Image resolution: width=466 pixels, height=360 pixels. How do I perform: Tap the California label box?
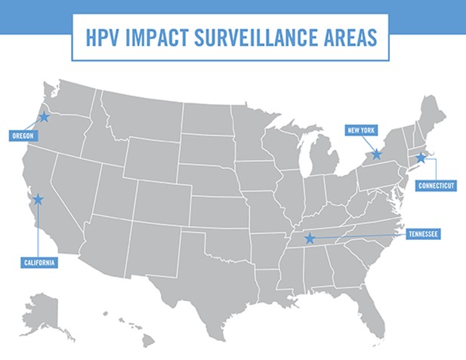coord(39,262)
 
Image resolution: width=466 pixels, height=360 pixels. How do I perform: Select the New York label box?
coord(361,130)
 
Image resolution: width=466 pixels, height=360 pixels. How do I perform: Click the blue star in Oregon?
coord(44,117)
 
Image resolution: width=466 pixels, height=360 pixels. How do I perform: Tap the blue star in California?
coord(37,199)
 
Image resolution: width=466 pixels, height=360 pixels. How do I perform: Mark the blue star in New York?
coord(377,154)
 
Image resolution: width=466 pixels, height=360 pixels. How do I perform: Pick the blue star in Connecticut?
coord(421,158)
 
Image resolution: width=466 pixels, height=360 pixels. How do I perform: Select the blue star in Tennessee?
coord(309,238)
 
